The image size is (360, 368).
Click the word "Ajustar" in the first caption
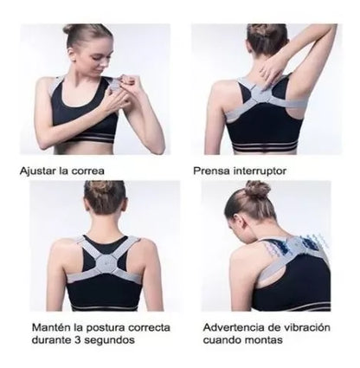click(36, 171)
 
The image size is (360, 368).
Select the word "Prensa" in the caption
click(212, 171)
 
